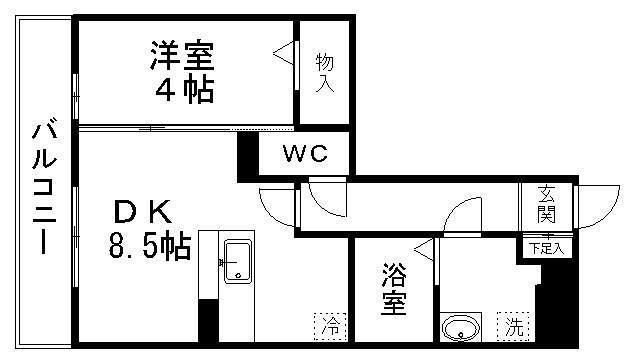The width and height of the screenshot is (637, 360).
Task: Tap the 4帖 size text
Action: point(183,90)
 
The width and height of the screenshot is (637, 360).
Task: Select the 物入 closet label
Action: point(325,72)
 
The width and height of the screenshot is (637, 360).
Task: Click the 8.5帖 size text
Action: point(148,246)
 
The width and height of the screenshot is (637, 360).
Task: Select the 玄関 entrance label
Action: point(545,205)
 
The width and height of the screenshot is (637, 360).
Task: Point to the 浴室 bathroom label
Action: point(394,290)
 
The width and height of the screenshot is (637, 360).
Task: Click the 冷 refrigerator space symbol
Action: point(331,324)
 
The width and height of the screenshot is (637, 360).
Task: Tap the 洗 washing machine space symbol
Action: point(512,324)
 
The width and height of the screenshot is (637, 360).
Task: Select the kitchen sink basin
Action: point(239,262)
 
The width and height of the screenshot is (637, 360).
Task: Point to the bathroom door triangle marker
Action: point(426,248)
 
